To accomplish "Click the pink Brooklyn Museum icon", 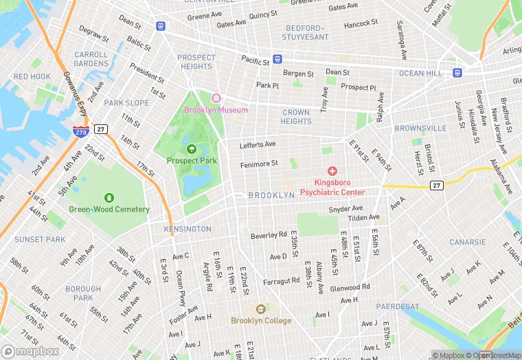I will [216, 98].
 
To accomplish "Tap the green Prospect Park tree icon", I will [192, 148].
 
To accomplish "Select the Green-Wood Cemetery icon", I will [109, 198].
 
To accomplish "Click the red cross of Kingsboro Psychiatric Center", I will [332, 170].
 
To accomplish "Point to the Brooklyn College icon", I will [260, 309].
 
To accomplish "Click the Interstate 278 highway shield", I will [80, 129].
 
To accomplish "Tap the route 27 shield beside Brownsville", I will [436, 185].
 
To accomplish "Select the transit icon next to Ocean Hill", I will [457, 73].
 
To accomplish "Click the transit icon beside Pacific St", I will [277, 59].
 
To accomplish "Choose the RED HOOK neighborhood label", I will [32, 77].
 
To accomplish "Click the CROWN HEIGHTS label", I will [296, 117].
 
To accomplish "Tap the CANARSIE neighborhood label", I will [467, 243].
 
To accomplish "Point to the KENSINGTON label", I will [188, 229].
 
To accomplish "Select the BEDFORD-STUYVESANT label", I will [307, 32].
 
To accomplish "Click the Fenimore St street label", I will [259, 164].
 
